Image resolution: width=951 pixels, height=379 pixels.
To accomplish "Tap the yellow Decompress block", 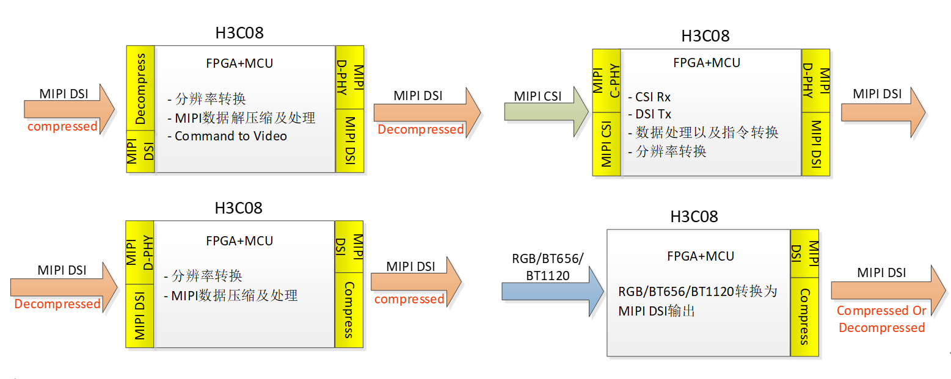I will [140, 88].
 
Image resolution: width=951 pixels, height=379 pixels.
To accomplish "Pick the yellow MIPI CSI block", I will [607, 144].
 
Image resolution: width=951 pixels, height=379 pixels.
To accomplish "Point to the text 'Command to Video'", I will [230, 136].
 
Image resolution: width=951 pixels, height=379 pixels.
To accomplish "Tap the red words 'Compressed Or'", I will [881, 311].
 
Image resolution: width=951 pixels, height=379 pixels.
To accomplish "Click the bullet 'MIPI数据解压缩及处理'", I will [245, 118].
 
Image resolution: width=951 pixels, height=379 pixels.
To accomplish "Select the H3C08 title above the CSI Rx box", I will [705, 35].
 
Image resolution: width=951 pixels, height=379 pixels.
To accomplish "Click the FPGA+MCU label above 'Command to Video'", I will [239, 63].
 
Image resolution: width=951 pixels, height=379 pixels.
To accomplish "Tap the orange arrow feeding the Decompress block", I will [69, 109].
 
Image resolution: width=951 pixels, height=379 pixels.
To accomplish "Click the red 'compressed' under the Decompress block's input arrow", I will [62, 126].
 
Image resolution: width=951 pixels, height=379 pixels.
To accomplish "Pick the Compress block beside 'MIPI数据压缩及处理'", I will [349, 309].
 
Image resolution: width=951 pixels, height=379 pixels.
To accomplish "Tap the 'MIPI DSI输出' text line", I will [657, 311].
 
